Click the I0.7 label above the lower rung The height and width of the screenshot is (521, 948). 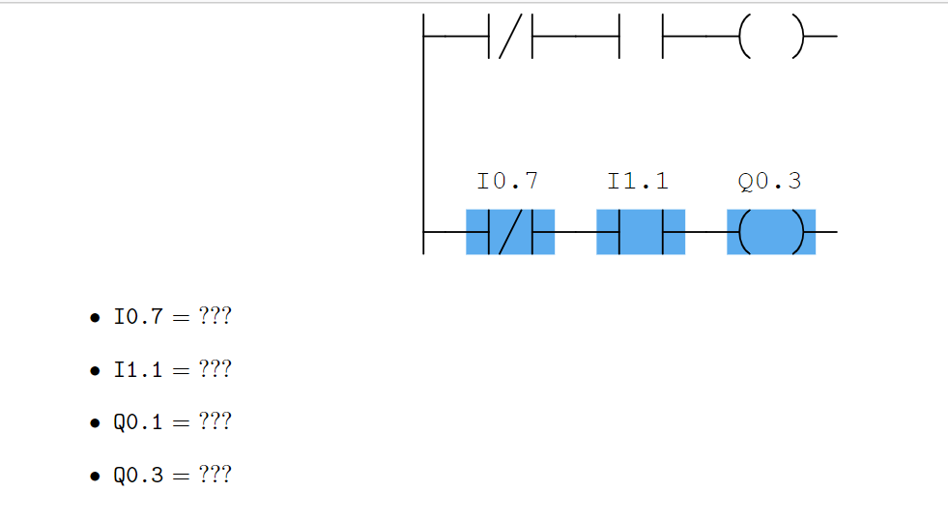(x=507, y=181)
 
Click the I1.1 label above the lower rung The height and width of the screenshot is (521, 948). (x=638, y=181)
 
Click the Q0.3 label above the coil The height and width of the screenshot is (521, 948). (x=769, y=181)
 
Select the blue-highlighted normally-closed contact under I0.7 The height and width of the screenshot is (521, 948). (x=510, y=232)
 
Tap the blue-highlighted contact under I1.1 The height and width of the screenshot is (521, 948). (x=641, y=232)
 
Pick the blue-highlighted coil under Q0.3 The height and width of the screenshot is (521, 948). (x=771, y=232)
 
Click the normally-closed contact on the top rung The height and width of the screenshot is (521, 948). (x=510, y=37)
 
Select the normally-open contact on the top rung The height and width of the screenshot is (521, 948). (x=641, y=37)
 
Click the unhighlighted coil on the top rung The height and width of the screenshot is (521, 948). (x=771, y=37)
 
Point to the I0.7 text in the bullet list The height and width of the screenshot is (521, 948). (x=138, y=317)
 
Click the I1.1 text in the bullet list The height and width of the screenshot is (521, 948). (x=138, y=370)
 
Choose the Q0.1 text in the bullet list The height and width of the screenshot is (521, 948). (x=138, y=422)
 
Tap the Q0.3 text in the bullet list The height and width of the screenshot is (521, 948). (x=138, y=476)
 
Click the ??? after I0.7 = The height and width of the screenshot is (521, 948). (x=215, y=317)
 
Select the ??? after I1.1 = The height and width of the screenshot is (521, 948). (x=215, y=370)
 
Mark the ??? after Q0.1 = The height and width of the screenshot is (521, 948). (x=215, y=422)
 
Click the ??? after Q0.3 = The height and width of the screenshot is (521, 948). (x=215, y=476)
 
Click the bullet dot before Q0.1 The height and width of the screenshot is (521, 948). (x=95, y=423)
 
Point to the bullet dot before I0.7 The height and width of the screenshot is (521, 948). (x=95, y=318)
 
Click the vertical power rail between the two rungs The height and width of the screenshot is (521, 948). (x=423, y=135)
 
